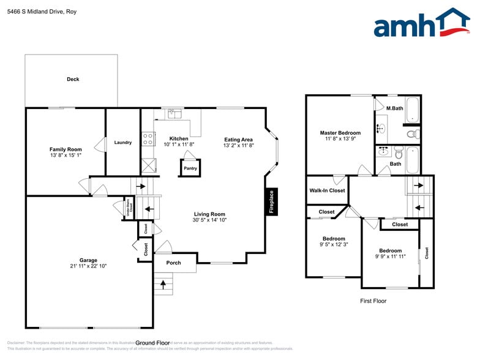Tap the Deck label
pos(73,79)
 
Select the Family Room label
pos(66,149)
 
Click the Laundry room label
pos(122,143)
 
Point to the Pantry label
pos(190,168)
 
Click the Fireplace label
pos(272,201)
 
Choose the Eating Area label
pos(238,140)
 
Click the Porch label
pos(173,263)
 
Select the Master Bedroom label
pos(340,133)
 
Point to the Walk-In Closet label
pos(327,190)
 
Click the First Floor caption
pos(372,301)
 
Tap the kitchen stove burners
pos(148,139)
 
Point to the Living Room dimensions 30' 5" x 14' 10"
pos(209,220)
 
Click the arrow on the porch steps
pos(163,283)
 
